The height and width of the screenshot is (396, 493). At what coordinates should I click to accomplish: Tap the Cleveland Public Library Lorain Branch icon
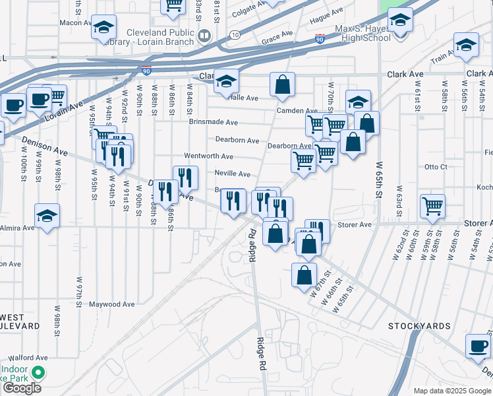[x=204, y=36]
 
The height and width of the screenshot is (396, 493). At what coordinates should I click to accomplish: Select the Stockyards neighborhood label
[x=419, y=327]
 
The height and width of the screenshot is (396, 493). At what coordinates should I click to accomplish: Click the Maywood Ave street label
[x=113, y=304]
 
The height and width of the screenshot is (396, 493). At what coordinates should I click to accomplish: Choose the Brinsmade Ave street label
[x=213, y=122]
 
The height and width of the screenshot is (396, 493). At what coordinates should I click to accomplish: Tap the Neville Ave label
[x=232, y=174]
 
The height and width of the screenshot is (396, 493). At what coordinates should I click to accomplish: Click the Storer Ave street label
[x=355, y=224]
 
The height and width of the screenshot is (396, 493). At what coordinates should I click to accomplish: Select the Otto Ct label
[x=436, y=167]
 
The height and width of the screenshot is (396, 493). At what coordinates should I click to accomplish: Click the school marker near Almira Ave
[x=47, y=216]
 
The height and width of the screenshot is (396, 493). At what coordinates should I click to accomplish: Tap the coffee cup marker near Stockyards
[x=478, y=345]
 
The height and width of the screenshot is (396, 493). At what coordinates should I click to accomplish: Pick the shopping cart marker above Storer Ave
[x=432, y=206]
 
